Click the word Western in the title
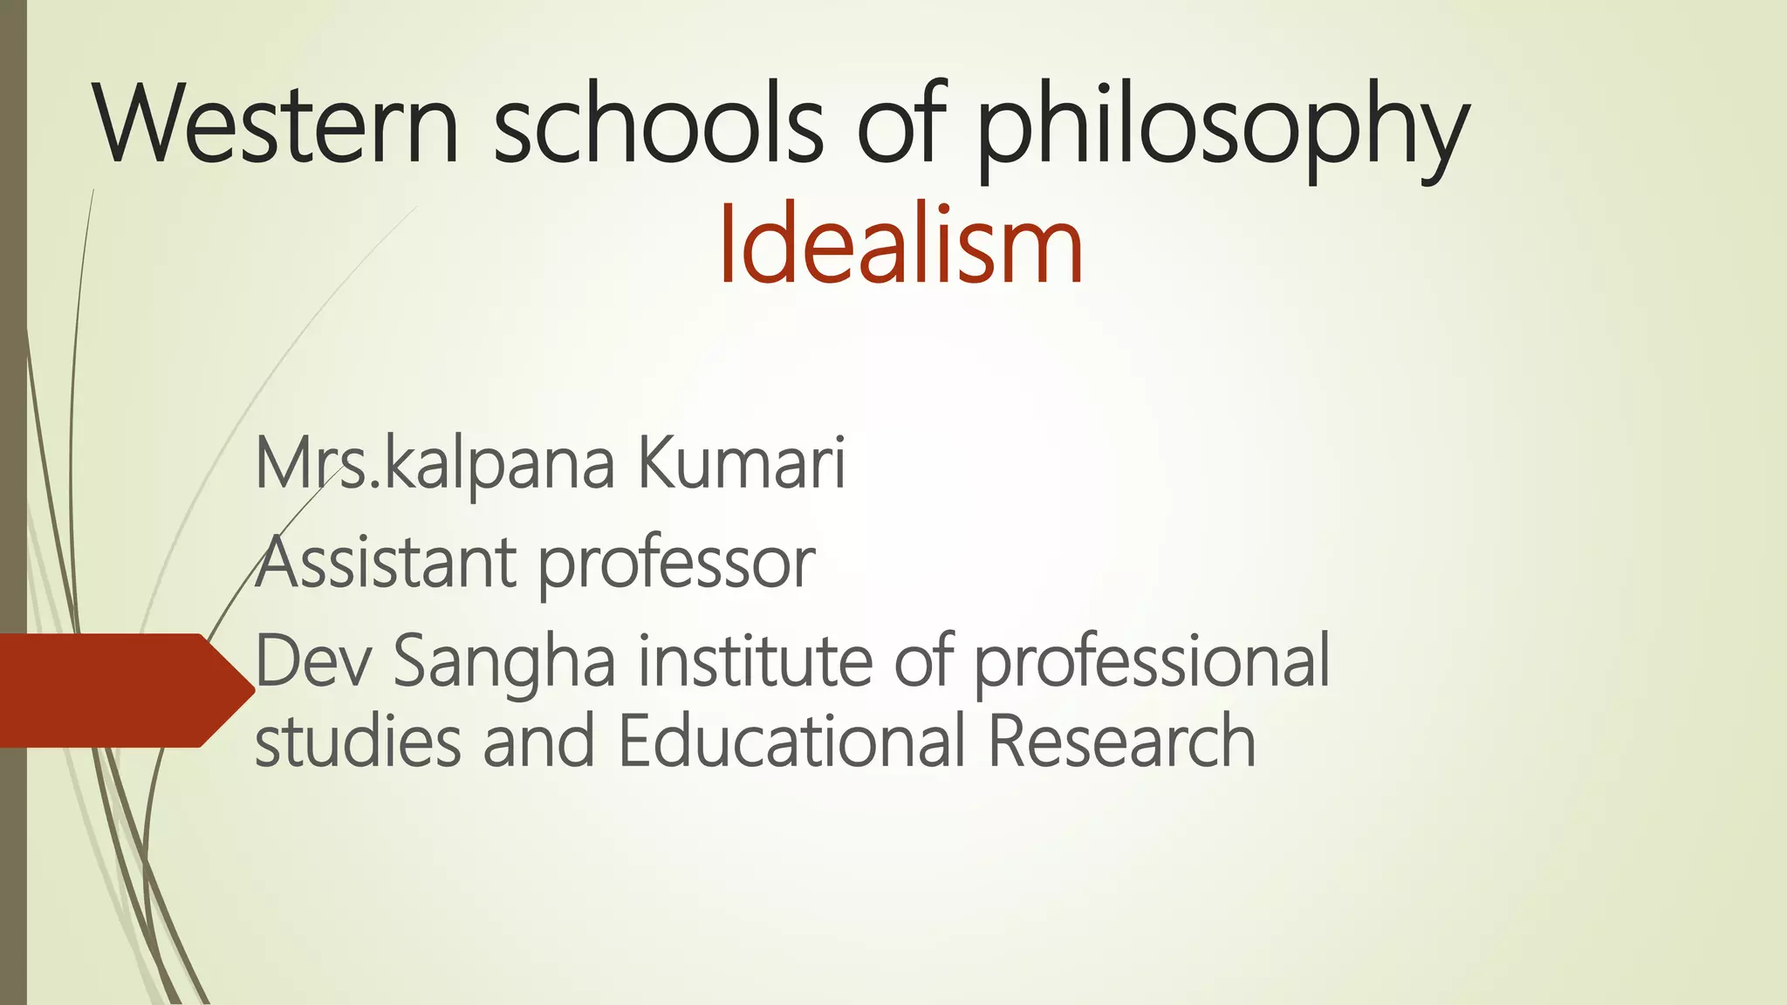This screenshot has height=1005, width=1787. coord(277,124)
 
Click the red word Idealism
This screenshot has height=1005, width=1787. coord(900,243)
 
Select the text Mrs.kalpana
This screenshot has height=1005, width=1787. coord(435,466)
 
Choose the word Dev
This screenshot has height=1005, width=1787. coord(313,661)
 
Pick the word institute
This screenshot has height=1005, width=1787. coord(756,661)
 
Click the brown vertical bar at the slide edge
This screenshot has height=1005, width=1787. coord(13,349)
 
